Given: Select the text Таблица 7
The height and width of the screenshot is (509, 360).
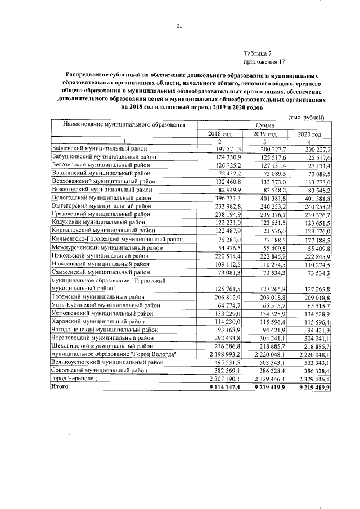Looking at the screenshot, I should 258,52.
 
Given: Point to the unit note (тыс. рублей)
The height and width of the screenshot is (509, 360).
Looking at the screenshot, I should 306,116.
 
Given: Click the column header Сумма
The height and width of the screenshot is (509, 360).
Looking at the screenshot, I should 264,126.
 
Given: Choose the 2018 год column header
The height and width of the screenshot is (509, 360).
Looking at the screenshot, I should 220,134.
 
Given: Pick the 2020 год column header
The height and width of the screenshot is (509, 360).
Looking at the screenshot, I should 309,134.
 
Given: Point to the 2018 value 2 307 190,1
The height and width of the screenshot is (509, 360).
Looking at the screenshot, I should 223,380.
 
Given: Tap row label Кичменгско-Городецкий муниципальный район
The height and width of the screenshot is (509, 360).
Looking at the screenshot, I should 116,239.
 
